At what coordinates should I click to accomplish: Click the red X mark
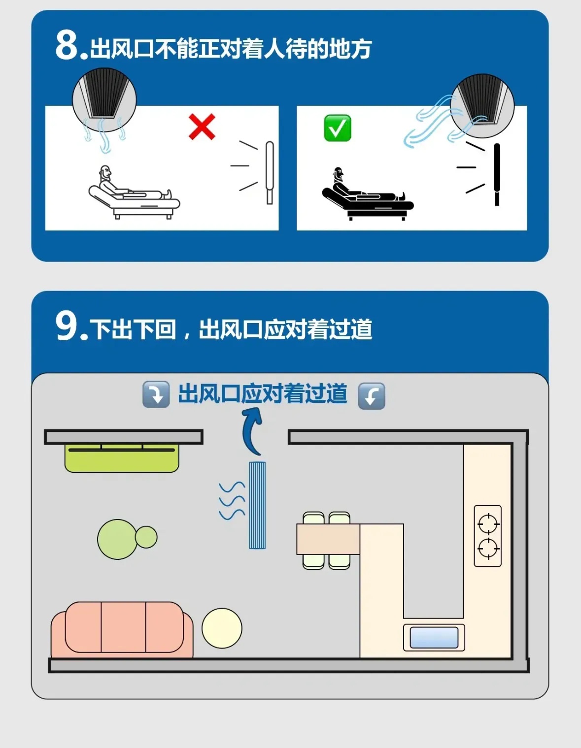coord(202,127)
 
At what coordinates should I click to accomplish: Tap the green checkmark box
coord(338,128)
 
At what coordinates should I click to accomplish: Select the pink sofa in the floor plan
coord(122,630)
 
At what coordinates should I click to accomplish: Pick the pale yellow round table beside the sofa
coord(222,628)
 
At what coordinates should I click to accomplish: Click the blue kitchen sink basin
coord(434,638)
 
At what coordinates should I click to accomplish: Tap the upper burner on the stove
coord(488,524)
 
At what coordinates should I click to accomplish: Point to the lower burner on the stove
coord(488,549)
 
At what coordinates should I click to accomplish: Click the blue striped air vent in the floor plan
coord(257,505)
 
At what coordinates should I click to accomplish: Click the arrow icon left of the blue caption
coord(156,394)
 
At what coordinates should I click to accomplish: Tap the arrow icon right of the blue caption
coord(372,396)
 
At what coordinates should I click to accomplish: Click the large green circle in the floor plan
coord(117,539)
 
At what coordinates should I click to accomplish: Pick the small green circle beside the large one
coord(146,537)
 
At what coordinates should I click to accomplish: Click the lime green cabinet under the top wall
coord(122,458)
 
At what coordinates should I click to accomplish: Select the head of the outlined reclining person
coord(105,173)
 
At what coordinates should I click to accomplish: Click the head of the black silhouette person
coord(339,175)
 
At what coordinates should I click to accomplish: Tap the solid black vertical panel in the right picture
coord(497,175)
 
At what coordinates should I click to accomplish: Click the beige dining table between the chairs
coord(328,539)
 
